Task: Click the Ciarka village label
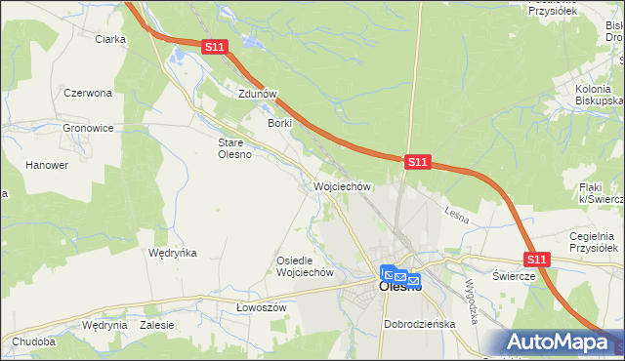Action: pos(110,39)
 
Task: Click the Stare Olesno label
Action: pos(234,147)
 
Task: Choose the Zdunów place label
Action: pos(259,95)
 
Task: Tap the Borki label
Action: pos(280,124)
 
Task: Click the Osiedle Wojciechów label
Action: pos(306,266)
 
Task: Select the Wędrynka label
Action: pos(172,252)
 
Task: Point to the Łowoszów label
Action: pos(261,306)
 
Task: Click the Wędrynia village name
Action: pos(105,325)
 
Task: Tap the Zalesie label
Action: pos(157,325)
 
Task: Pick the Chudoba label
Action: pos(34,342)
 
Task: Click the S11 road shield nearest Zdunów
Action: pos(216,46)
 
